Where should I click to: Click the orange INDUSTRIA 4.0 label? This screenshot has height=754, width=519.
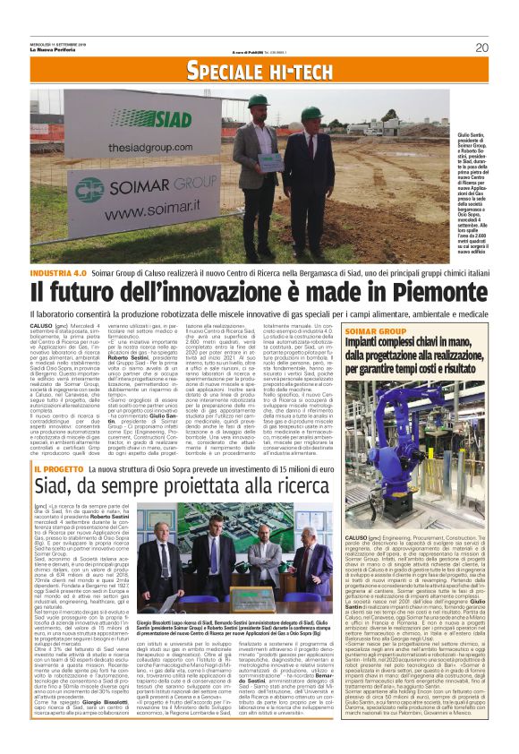pyautogui.click(x=58, y=270)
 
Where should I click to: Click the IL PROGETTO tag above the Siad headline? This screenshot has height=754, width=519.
pyautogui.click(x=58, y=468)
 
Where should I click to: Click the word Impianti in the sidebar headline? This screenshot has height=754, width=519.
pyautogui.click(x=394, y=343)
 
